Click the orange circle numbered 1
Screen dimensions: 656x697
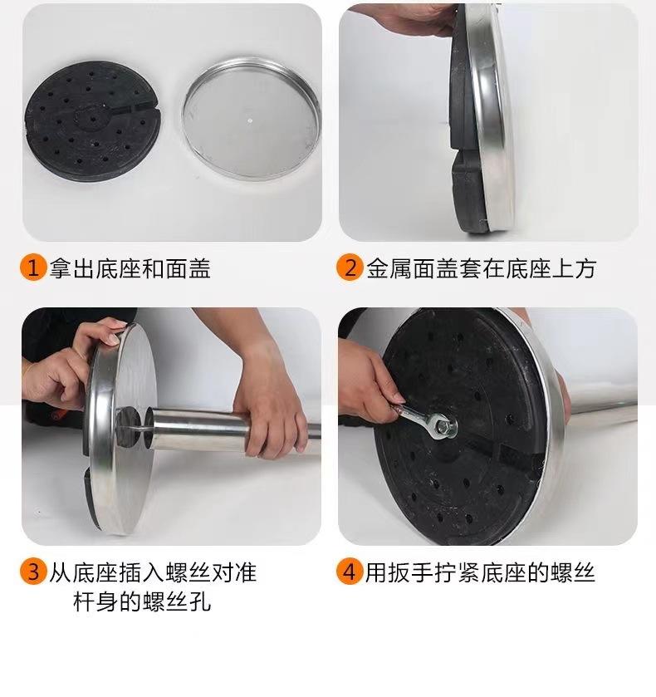click(x=33, y=268)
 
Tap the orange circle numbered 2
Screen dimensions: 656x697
click(x=350, y=268)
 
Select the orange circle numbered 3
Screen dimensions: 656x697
click(x=33, y=572)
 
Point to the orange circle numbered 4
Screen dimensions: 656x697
click(x=350, y=572)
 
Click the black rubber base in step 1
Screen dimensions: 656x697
click(x=92, y=121)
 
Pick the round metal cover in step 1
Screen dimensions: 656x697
click(x=251, y=119)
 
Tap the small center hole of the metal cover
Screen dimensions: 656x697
click(x=250, y=120)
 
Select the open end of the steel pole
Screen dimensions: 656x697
click(x=149, y=429)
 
